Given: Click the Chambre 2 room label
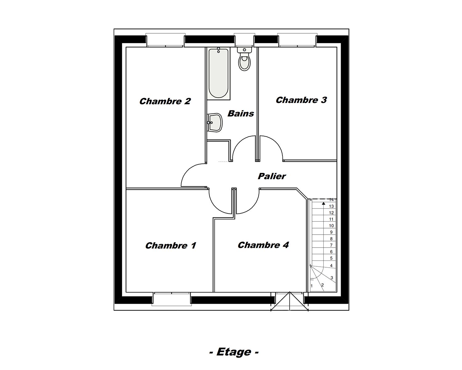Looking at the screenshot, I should [x=165, y=101].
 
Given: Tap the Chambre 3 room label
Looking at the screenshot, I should [x=301, y=100].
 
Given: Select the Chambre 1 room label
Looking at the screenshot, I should [x=171, y=245].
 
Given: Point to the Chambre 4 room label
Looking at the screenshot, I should [x=263, y=245].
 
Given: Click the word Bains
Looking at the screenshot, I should [x=241, y=113].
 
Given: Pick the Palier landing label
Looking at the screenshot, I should [x=272, y=176].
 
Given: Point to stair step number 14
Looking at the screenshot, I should [x=331, y=200].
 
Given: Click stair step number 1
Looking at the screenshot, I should [x=312, y=286].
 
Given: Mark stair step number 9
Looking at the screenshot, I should [x=331, y=232].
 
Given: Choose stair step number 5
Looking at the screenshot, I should [x=331, y=258].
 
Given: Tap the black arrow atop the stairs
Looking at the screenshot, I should [x=323, y=203].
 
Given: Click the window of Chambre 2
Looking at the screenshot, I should [x=165, y=40].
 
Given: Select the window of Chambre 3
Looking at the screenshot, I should [x=297, y=40].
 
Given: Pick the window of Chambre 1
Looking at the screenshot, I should [x=172, y=299].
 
